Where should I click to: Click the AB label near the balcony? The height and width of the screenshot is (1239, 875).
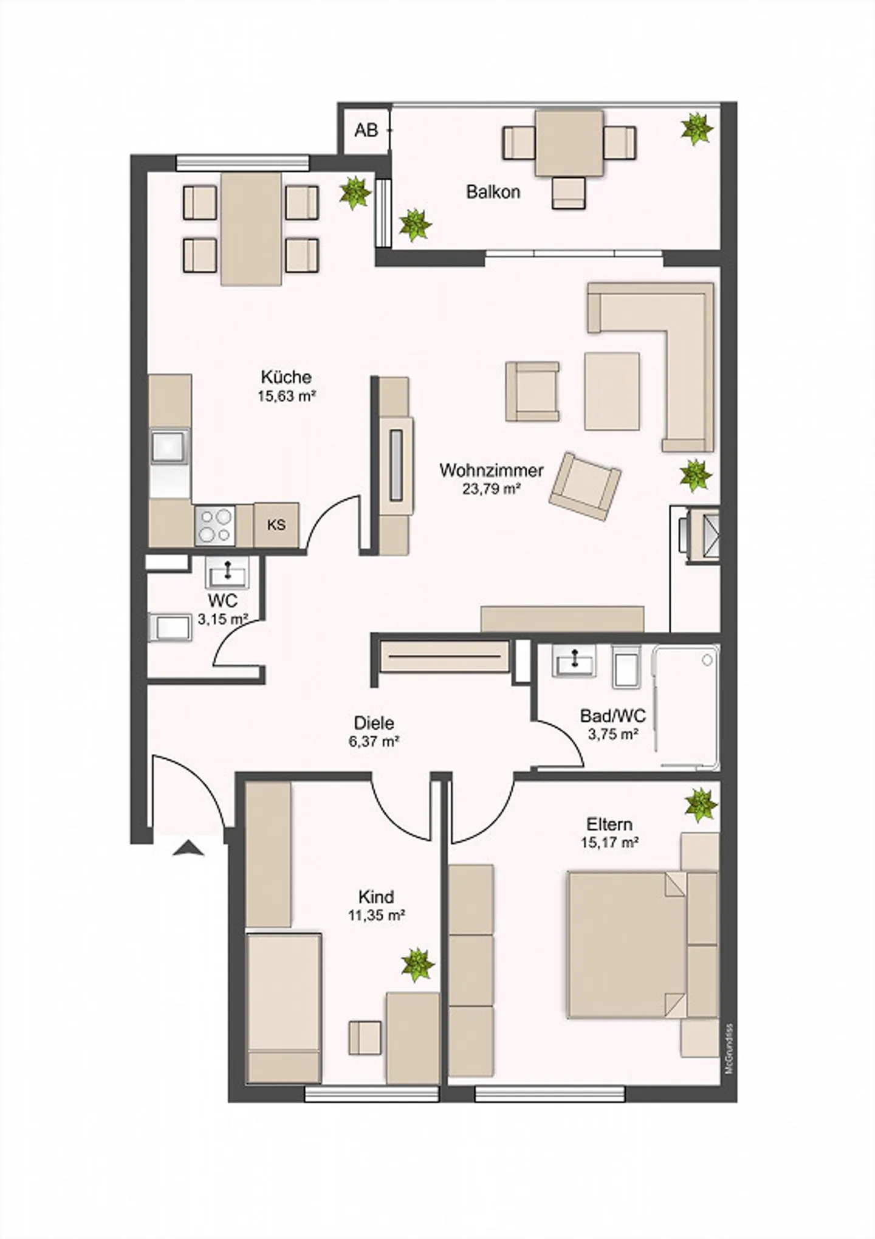[366, 130]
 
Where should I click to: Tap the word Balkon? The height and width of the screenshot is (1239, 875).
[493, 192]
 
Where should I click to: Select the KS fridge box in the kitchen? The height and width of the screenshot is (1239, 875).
[276, 524]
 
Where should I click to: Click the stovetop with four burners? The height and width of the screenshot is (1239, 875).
[215, 525]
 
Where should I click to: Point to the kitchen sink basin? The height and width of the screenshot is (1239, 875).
[170, 447]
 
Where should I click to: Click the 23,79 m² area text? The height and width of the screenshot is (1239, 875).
[492, 489]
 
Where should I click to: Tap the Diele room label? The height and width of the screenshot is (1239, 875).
[374, 723]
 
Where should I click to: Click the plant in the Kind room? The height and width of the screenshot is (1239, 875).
[417, 964]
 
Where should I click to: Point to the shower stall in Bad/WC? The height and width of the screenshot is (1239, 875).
[685, 707]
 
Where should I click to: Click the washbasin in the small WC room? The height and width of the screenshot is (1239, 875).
[227, 572]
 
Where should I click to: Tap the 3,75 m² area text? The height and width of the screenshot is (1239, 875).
[612, 734]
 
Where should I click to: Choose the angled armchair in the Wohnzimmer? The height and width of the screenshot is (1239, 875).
[585, 486]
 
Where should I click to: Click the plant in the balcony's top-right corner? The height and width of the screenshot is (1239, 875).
[696, 129]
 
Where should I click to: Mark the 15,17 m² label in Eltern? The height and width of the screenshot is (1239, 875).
[609, 843]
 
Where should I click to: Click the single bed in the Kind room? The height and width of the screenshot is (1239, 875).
[284, 1006]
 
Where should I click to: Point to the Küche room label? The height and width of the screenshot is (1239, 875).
[286, 377]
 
